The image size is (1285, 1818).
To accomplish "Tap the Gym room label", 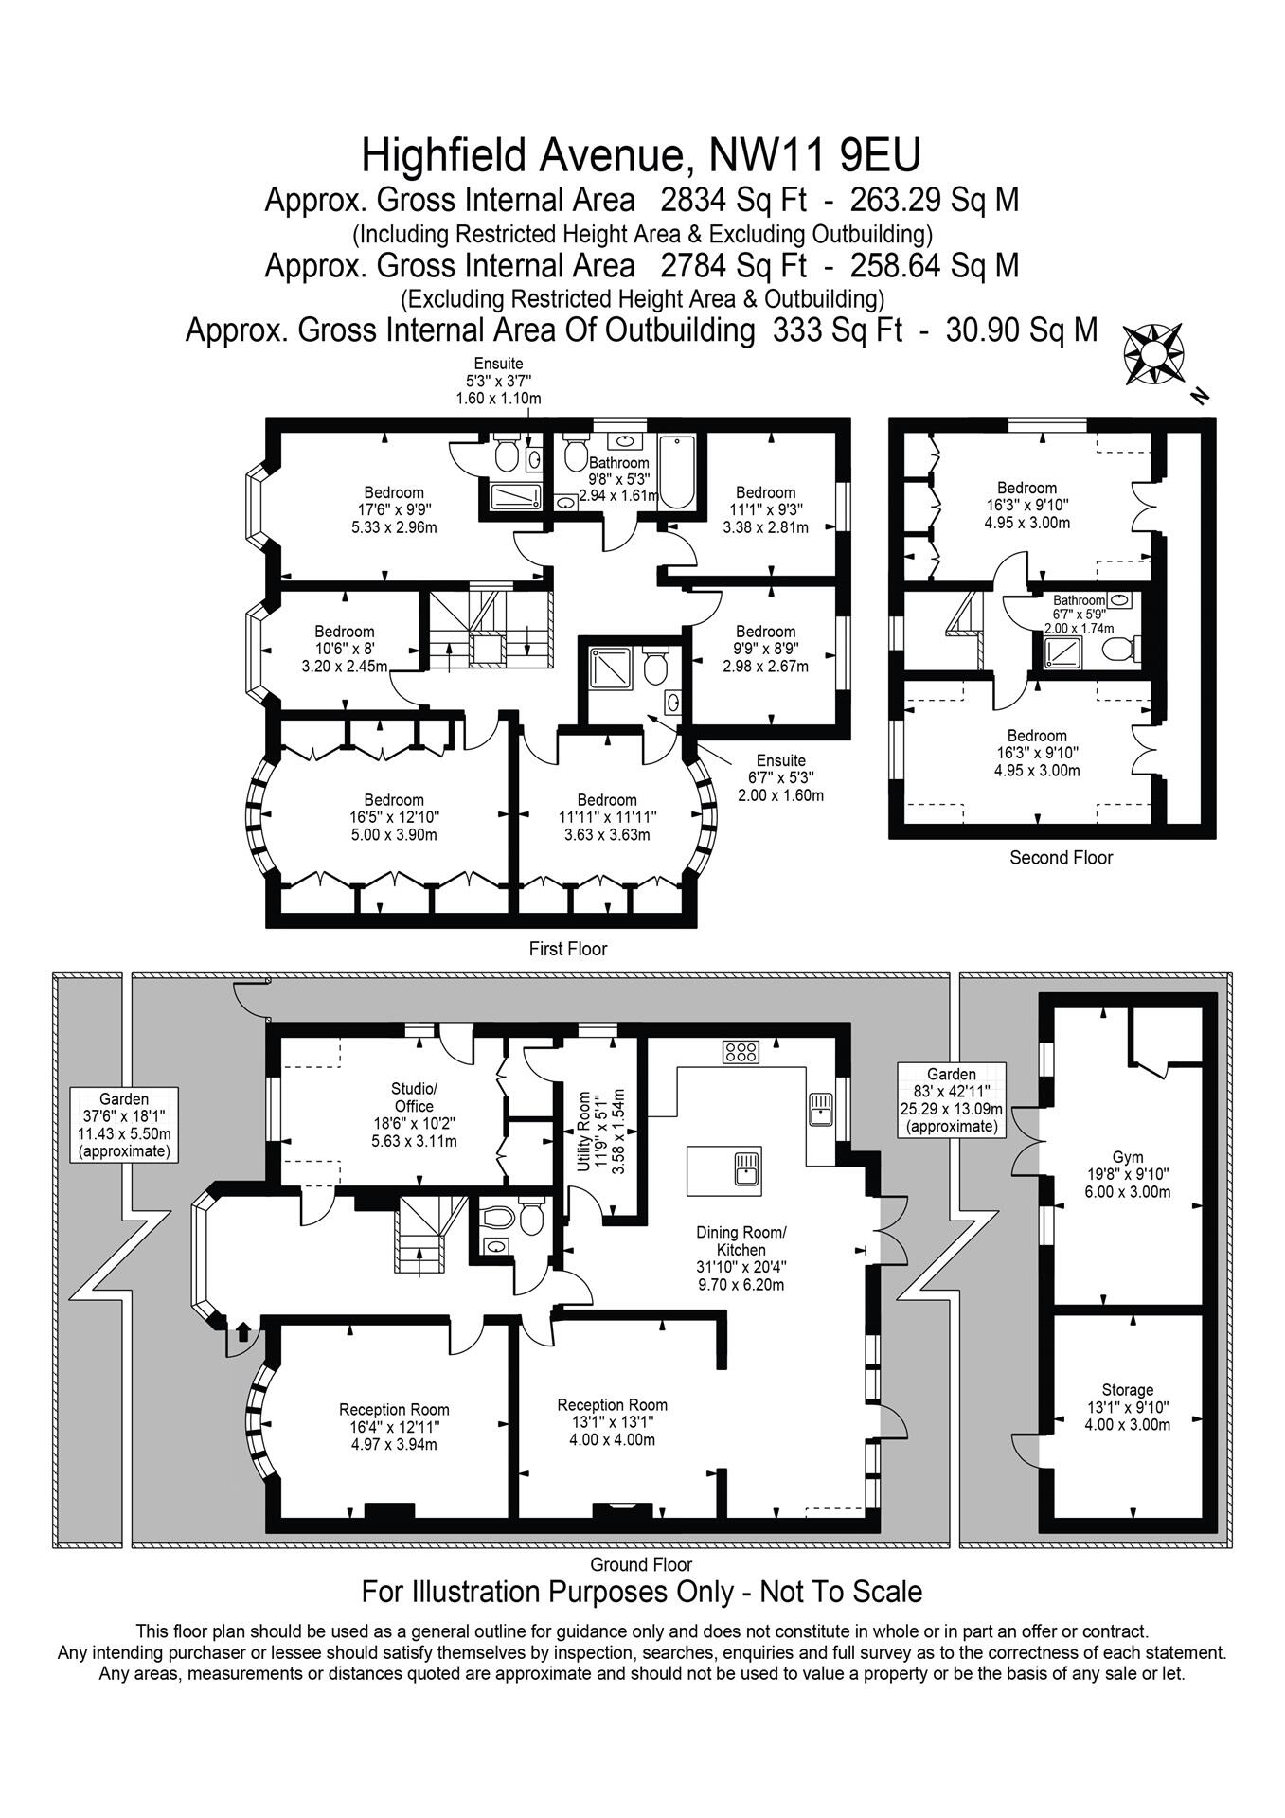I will (x=1127, y=1174).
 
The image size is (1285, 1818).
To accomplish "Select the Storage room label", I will (x=1127, y=1406).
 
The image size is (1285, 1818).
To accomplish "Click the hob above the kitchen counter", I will (x=741, y=1050).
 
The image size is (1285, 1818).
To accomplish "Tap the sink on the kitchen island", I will (x=746, y=1167).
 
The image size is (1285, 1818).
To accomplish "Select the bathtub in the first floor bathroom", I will (x=676, y=472).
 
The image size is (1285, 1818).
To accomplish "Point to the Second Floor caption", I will (x=1061, y=858).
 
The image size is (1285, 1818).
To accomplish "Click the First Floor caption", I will (x=567, y=949).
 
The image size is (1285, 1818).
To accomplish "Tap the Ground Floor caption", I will (x=641, y=1565).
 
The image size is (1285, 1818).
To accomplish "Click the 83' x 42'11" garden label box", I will (x=951, y=1099).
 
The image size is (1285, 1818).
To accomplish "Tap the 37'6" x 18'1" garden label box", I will (x=124, y=1126).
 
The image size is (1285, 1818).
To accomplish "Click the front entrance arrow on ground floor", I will (x=241, y=1333).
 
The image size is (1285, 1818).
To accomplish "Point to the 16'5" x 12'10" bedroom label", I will (x=394, y=817).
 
